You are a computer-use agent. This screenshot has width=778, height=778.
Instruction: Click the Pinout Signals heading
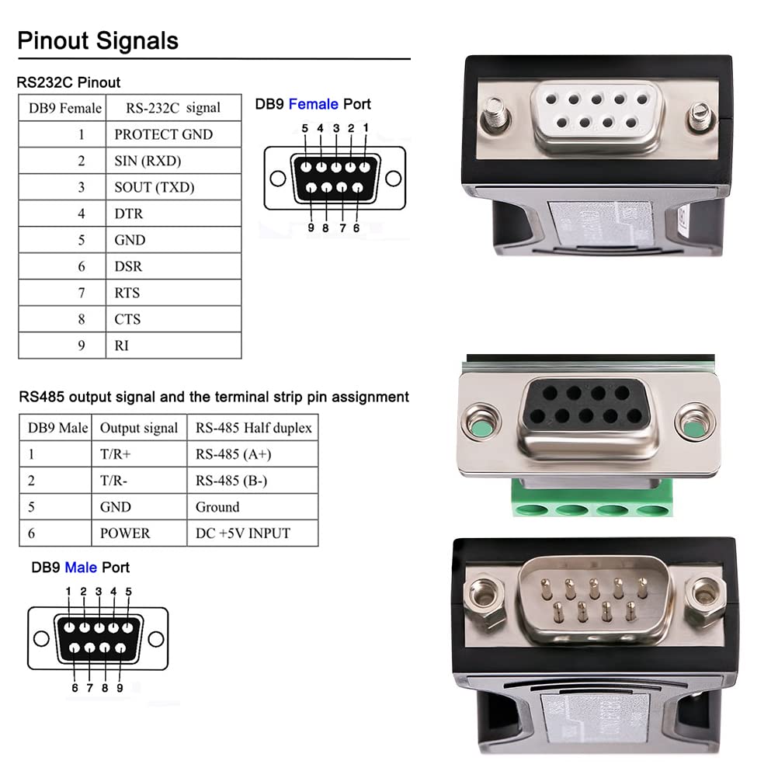click(98, 40)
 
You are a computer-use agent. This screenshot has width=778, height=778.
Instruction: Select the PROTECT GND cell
click(163, 134)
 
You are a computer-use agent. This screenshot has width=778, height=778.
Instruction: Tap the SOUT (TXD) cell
click(154, 187)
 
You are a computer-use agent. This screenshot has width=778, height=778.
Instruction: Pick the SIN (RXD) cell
click(152, 161)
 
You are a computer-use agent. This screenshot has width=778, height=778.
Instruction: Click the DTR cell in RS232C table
click(129, 214)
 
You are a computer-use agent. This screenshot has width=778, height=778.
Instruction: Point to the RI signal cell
click(122, 346)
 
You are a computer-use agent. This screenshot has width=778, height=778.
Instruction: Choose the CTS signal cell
click(127, 319)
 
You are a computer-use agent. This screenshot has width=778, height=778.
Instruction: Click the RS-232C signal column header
click(172, 108)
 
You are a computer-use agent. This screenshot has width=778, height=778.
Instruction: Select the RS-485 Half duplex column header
click(253, 428)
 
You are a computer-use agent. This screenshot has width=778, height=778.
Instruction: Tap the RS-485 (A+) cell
click(233, 454)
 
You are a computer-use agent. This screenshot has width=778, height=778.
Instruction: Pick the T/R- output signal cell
click(114, 481)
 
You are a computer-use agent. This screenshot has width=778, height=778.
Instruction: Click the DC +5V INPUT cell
click(242, 533)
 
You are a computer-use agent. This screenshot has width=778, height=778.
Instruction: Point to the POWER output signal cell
click(125, 533)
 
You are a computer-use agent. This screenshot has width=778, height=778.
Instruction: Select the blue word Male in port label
click(81, 568)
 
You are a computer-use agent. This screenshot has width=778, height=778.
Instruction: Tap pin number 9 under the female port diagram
click(311, 228)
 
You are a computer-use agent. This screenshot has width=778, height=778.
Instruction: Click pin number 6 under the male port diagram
click(75, 687)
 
